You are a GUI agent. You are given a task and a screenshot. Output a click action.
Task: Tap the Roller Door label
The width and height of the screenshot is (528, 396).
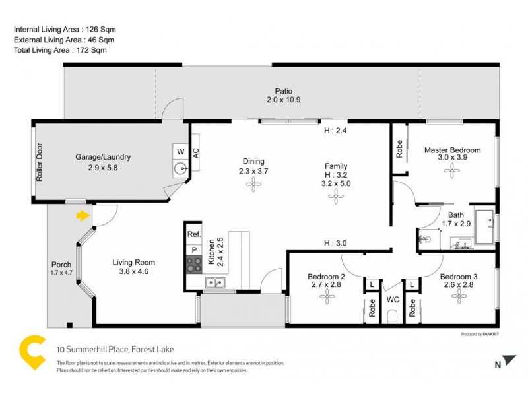pos(40,162)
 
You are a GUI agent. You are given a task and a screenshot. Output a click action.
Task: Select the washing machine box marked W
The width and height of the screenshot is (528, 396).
pos(180,151)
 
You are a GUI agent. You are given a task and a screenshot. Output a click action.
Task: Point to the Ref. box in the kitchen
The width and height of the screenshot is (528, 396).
pos(193,234)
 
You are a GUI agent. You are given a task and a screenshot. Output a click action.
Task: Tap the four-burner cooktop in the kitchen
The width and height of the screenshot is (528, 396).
pos(194,264)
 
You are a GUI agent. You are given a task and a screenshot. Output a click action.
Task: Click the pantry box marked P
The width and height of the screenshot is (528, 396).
pos(194,249)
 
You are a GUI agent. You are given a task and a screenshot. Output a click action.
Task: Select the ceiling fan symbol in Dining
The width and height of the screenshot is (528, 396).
pos(252,186)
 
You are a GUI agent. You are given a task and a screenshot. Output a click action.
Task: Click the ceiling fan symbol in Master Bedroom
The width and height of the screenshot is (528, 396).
pos(452,170)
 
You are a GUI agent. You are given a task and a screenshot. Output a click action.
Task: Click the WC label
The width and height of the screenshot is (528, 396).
pos(393,299)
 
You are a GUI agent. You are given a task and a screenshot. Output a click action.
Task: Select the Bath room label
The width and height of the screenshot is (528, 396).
pos(456,214)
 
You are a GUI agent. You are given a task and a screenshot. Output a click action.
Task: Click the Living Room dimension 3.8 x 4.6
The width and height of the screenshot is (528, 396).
pos(133,271)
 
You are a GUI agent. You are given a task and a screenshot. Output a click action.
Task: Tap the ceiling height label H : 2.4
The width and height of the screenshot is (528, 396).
pos(335,131)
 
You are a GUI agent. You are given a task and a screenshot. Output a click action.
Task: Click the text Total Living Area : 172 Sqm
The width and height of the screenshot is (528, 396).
pos(60,50)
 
